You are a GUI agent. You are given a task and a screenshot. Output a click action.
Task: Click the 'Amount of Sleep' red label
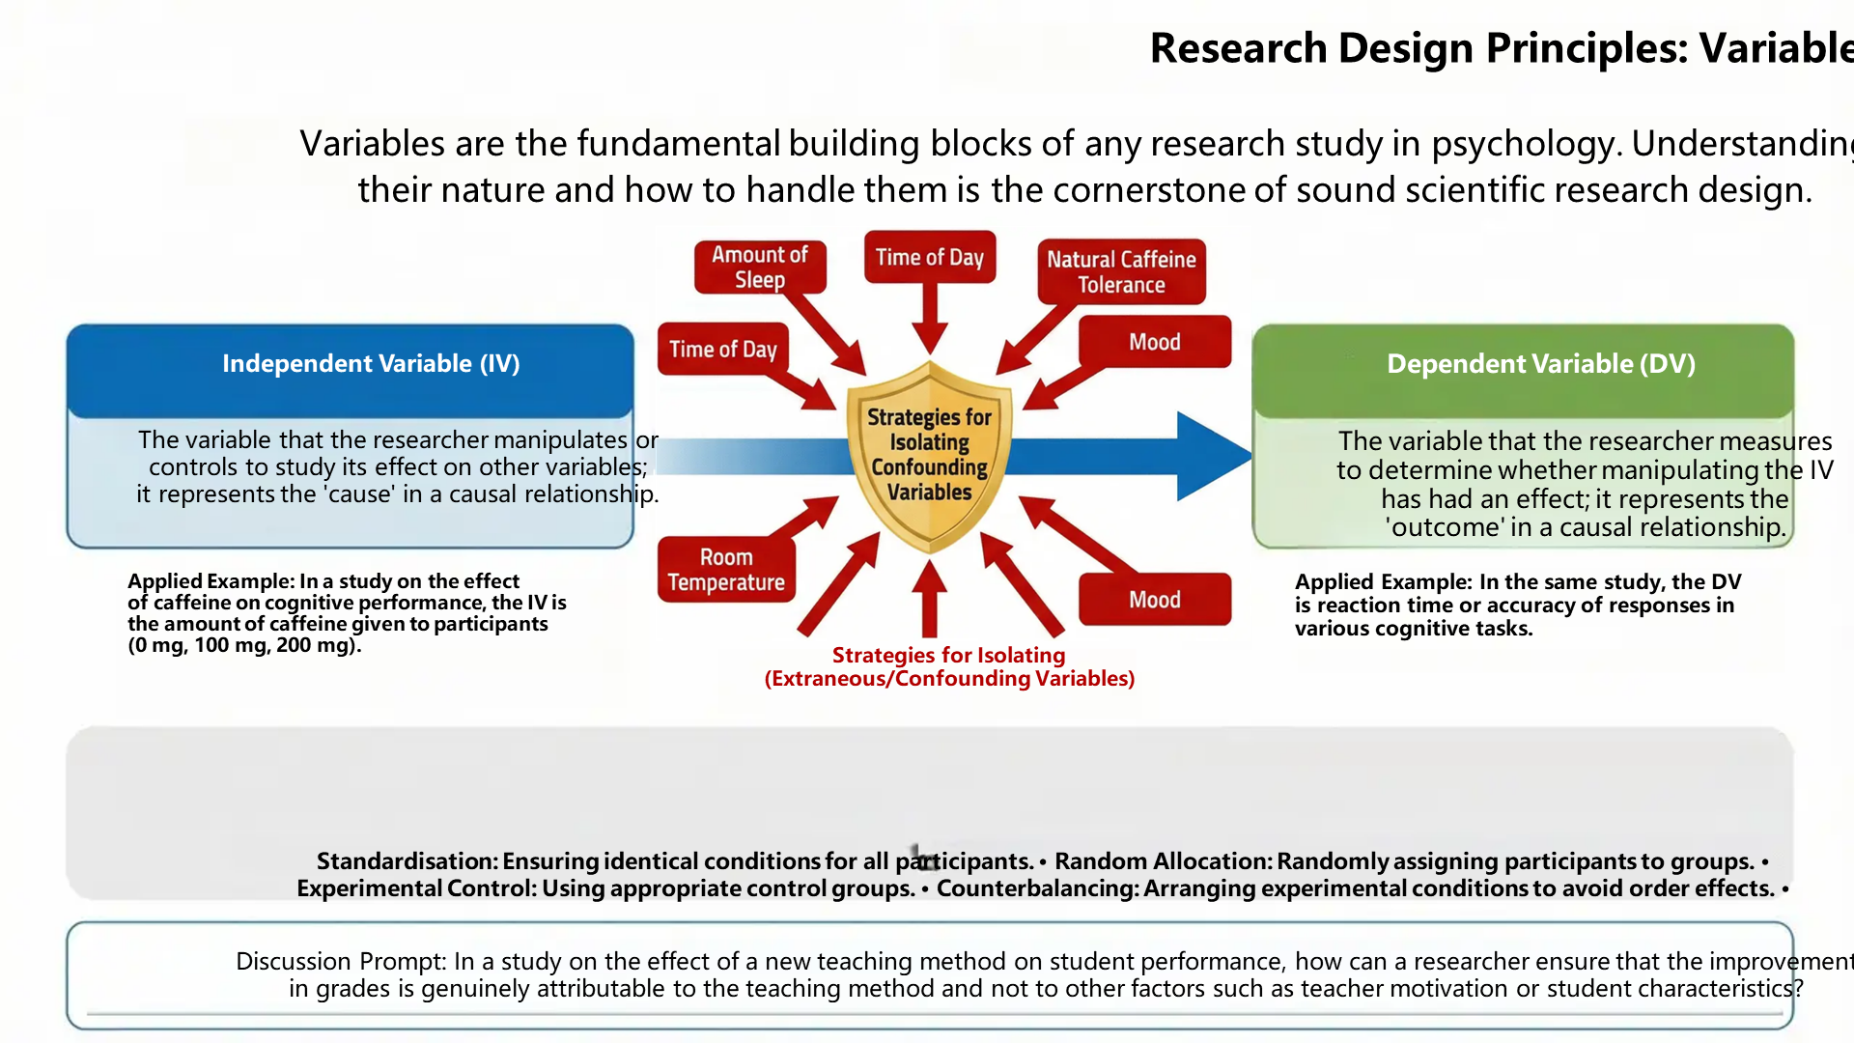point(760,267)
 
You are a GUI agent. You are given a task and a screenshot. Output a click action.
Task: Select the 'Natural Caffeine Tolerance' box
point(1121,271)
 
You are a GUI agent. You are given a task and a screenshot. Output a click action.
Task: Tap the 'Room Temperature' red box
point(726,570)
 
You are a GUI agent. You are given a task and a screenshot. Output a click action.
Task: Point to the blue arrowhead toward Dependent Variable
point(1212,456)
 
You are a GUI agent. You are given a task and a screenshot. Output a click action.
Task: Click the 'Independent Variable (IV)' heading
point(371,363)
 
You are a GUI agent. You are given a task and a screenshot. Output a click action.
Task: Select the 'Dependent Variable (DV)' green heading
point(1540,363)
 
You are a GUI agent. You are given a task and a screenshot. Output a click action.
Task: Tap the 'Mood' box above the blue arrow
point(1154,342)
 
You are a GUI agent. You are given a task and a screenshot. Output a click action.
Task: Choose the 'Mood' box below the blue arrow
point(1154,600)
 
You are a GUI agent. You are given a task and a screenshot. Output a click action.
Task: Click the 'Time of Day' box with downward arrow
point(929,257)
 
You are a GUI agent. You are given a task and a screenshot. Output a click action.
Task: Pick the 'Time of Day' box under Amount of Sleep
point(722,349)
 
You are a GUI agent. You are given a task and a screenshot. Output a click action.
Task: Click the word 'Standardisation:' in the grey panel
point(407,860)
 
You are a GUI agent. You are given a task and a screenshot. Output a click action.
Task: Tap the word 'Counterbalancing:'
point(1038,888)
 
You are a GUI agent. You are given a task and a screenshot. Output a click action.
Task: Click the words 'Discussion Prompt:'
point(341,961)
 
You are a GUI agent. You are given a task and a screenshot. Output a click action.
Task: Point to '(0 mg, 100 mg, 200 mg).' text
point(244,645)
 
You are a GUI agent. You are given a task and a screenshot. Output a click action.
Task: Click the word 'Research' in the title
point(1238,48)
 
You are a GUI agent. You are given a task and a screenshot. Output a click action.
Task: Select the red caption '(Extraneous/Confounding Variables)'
point(949,679)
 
